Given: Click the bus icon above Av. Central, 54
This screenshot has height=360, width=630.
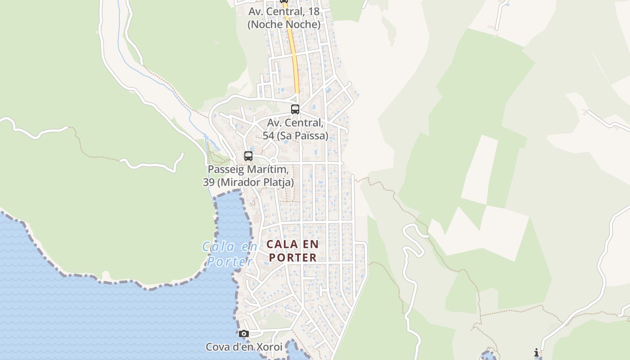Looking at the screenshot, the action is click(x=295, y=109).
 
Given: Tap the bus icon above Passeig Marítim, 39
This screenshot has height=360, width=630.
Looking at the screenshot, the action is click(x=248, y=156).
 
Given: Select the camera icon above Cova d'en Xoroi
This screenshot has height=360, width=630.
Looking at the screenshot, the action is click(x=244, y=333).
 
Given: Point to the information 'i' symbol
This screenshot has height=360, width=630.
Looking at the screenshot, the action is click(x=536, y=352).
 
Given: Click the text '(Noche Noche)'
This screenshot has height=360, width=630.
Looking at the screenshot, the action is click(x=284, y=24).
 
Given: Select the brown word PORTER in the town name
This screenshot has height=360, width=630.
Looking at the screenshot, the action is click(x=292, y=257).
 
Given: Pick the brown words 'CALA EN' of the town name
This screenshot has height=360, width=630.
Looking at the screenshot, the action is click(x=292, y=244).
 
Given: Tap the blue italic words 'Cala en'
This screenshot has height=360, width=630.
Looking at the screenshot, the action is click(x=229, y=247).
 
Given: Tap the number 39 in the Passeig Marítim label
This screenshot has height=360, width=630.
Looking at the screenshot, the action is click(x=208, y=182).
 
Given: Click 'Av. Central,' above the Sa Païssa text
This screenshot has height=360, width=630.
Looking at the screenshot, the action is click(x=295, y=122).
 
